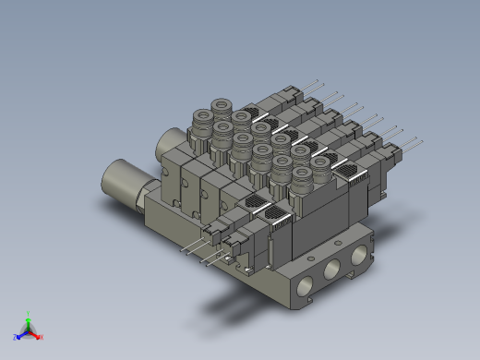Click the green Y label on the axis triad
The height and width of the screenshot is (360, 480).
(30, 313)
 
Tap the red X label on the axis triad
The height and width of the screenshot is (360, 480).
(42, 337)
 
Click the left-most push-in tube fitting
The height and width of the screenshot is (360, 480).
(200, 118)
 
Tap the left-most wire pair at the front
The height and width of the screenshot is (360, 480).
(191, 246)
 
